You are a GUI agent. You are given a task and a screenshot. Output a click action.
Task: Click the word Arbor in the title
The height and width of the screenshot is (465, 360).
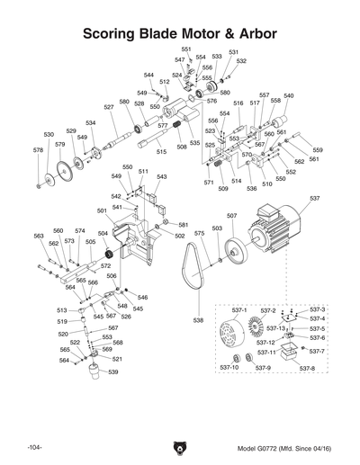[250, 34]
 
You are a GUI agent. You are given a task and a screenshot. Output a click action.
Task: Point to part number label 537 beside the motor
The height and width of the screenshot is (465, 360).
[314, 197]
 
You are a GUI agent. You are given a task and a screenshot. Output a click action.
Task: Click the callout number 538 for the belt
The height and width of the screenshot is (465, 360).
[197, 320]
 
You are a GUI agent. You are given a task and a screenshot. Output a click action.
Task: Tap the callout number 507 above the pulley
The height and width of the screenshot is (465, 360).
[231, 216]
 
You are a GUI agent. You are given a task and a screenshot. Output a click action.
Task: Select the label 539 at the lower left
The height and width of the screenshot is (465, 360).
[113, 371]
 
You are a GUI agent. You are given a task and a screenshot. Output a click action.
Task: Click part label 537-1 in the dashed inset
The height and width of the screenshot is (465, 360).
[228, 309]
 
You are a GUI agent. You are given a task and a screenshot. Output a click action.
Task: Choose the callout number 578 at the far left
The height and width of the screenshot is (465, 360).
[38, 150]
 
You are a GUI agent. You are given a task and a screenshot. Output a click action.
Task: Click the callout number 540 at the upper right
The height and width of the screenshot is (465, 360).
[288, 96]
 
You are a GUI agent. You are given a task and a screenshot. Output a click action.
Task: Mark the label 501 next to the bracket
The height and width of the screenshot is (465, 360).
[103, 210]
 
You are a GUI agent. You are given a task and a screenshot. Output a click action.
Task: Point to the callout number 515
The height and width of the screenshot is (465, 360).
[161, 152]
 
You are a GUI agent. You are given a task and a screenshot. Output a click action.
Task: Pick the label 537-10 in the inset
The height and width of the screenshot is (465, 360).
[229, 369]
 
